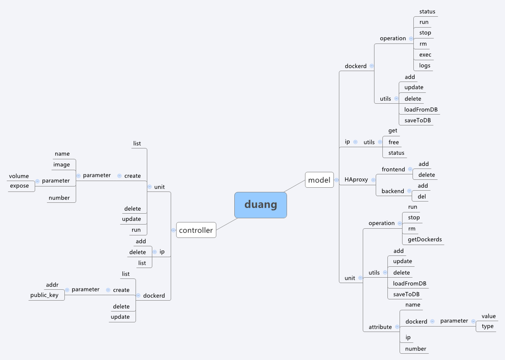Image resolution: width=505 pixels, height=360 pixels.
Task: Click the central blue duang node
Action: pos(260,205)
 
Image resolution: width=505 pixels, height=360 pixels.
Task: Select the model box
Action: pos(319,180)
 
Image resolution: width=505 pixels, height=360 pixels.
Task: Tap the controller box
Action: pos(196,230)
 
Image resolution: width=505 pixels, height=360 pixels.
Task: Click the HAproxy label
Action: pos(356,180)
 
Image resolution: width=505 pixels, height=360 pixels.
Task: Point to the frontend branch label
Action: pos(393,169)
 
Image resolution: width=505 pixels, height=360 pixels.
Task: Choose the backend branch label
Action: pos(392,191)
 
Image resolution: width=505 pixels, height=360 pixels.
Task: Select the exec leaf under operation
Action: pos(425,55)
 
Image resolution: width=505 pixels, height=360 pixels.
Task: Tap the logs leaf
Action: pos(425,66)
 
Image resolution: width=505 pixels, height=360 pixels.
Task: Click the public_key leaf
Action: pos(44,295)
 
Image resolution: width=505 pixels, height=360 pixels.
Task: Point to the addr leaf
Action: pos(52,285)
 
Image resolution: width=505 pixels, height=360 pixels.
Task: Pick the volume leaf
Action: pos(19,176)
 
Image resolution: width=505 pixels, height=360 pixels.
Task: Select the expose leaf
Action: pos(19,186)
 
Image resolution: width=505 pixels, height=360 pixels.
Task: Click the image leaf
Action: pos(62,165)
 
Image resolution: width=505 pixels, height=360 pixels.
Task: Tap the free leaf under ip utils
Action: pos(393,142)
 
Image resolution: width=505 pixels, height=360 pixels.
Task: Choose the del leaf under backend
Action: pos(422,197)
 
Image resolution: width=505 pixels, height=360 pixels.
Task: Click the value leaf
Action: pos(488,316)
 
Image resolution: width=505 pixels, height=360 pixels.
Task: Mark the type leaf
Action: pos(487,326)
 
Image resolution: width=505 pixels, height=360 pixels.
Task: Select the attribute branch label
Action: pos(380,327)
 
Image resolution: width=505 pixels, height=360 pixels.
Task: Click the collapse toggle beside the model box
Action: pos(336,180)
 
